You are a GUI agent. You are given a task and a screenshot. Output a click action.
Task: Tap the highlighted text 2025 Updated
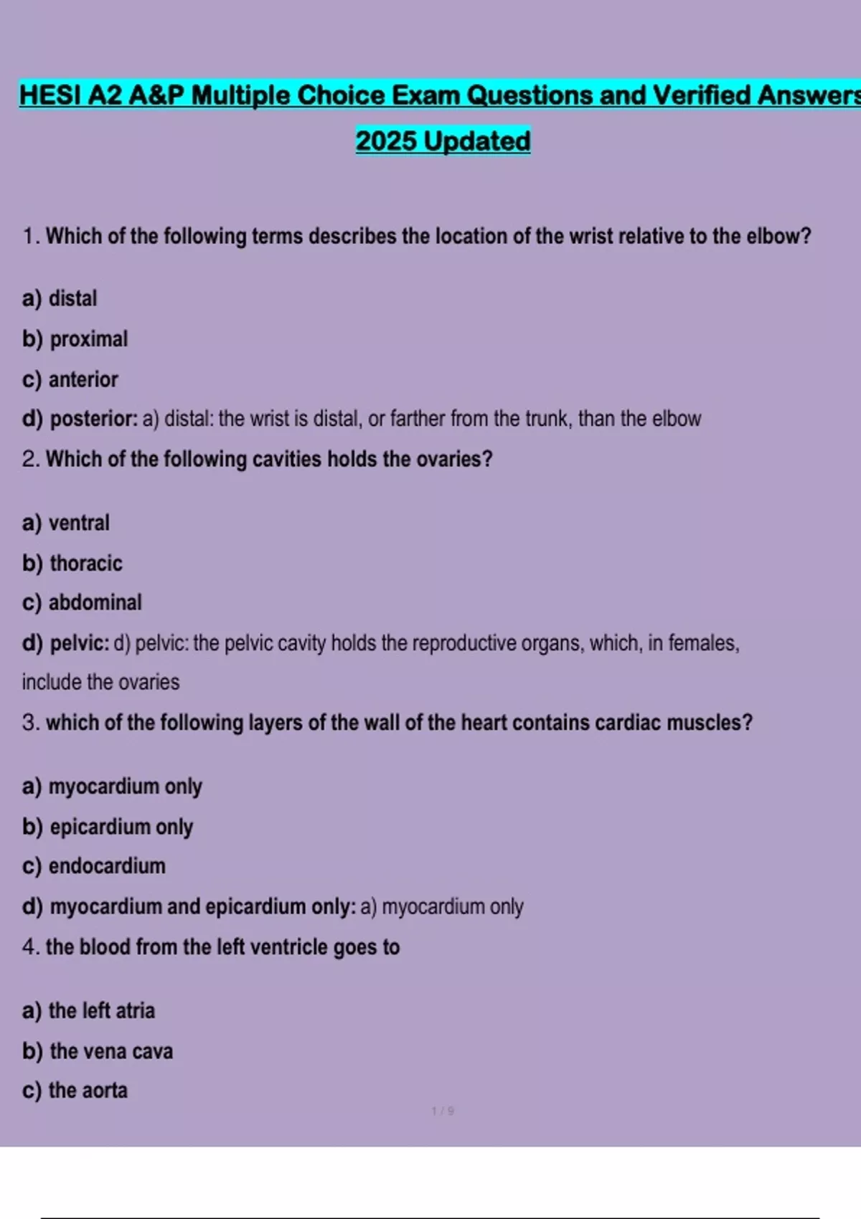point(443,141)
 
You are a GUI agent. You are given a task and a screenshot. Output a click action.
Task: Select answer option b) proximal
point(75,339)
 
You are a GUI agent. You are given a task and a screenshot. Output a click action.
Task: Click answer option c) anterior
point(70,379)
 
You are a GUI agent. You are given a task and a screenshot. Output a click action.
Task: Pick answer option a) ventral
point(65,523)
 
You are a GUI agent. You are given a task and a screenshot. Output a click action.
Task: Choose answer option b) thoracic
point(72,564)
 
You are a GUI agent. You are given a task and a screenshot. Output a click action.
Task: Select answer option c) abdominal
point(82,602)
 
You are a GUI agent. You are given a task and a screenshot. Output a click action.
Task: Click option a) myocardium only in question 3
point(112,787)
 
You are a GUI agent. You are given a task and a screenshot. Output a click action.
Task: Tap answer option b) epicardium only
point(108,827)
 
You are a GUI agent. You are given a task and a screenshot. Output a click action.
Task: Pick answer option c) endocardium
point(93,866)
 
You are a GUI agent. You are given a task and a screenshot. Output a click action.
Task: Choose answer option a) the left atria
point(88,1011)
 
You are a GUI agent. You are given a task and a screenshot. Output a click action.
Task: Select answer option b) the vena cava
point(98,1051)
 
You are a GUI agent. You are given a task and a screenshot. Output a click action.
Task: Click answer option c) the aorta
point(75,1091)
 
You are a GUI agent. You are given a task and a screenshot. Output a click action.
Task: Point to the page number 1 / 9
point(443,1111)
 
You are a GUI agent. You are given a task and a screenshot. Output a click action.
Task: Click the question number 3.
point(29,723)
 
